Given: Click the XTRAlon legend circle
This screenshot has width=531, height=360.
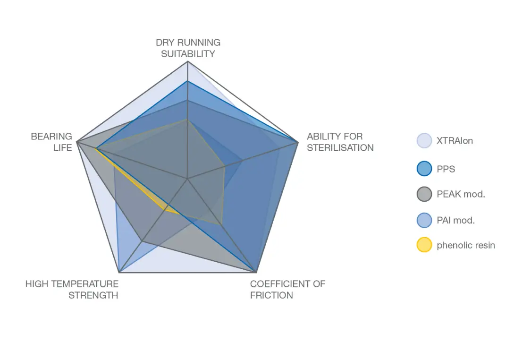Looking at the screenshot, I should (424, 141).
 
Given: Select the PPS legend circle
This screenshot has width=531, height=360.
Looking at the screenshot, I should (424, 169).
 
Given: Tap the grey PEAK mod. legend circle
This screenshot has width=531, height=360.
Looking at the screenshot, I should (424, 194).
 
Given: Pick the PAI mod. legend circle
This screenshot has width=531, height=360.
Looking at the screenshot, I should (424, 220).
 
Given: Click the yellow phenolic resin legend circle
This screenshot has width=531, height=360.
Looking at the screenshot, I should (424, 245).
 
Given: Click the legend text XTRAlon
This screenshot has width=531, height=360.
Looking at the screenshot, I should (455, 141).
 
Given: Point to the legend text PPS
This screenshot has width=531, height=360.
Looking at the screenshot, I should (446, 169).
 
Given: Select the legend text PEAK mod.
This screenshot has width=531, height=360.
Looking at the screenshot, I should (461, 194).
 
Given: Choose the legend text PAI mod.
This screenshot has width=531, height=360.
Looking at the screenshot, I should (455, 220).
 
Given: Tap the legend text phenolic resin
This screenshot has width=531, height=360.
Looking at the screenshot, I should (466, 245).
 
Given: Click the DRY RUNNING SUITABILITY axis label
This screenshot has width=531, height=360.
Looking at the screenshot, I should (188, 48).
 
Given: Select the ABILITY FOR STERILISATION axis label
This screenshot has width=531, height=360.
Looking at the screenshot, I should (340, 142).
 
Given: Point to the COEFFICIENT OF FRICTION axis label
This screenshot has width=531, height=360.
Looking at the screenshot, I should (287, 290).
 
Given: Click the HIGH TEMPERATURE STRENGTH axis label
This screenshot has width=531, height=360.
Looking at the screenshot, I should (72, 290).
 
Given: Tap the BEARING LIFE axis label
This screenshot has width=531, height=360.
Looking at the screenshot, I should (51, 142).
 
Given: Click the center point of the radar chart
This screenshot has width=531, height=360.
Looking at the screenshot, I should (187, 179).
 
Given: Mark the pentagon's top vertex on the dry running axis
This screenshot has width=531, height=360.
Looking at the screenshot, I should (188, 61).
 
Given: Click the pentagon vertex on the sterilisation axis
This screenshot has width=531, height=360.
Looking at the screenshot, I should (298, 142).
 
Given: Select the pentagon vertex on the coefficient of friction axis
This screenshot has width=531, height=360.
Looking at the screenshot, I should (256, 273).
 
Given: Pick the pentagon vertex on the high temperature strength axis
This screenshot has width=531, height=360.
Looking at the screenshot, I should (119, 273).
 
